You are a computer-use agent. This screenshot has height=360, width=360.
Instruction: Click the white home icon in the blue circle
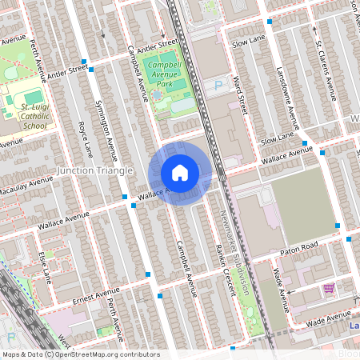(180, 173)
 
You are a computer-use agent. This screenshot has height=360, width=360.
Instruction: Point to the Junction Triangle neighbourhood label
(91, 170)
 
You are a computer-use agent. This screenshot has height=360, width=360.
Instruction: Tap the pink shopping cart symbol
(328, 287)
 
